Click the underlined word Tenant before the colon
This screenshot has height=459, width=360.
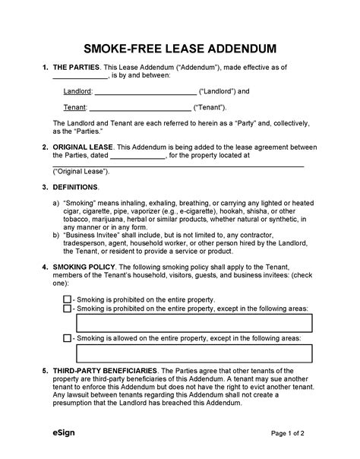tap(74, 106)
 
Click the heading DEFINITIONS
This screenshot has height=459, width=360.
tap(77, 187)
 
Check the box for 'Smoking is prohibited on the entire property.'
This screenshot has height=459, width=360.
tap(67, 299)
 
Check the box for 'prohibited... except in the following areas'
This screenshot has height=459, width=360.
tap(67, 309)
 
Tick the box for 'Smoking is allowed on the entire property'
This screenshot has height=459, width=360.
tap(67, 338)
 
